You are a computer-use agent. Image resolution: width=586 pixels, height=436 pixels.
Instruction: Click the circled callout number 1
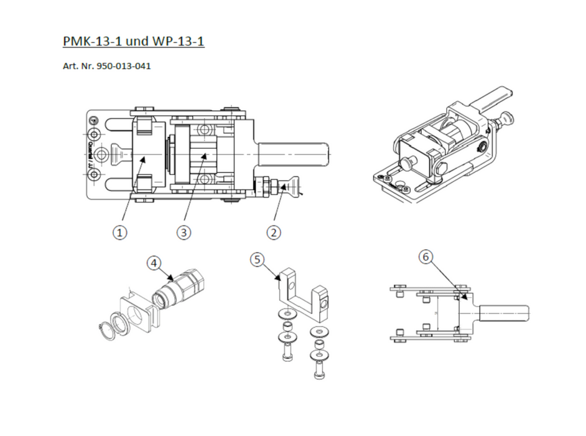[x=121, y=232]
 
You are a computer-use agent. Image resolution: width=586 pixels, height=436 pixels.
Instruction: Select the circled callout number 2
[x=274, y=232]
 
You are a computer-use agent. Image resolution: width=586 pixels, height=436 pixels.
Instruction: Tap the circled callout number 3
[x=183, y=232]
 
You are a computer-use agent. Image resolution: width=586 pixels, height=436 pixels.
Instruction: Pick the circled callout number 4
[x=153, y=263]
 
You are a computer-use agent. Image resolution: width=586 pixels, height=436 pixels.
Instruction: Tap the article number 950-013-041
[x=124, y=66]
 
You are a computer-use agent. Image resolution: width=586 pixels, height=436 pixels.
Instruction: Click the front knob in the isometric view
[x=408, y=163]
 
